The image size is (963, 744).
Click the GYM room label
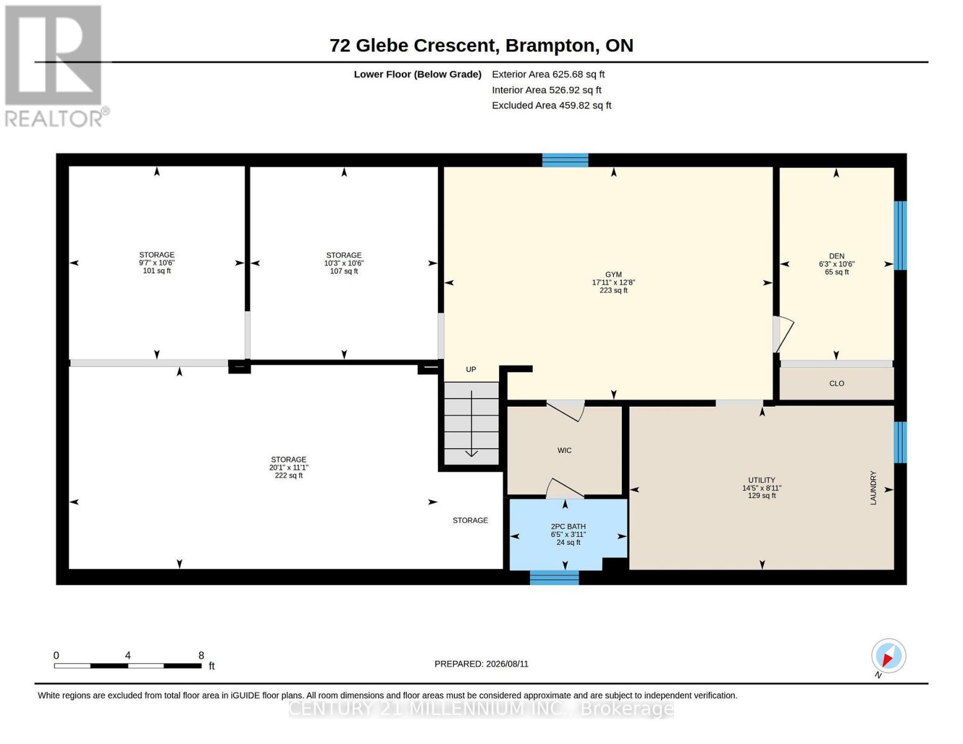[x=613, y=274]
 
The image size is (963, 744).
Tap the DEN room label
[x=837, y=255]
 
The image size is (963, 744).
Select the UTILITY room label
[x=761, y=480]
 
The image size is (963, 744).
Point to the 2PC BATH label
[x=568, y=526]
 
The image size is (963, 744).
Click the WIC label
[x=564, y=450]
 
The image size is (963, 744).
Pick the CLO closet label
[x=837, y=383]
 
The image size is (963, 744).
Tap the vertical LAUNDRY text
[x=873, y=487]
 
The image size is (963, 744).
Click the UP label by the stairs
[x=471, y=369]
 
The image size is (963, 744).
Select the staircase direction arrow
[x=471, y=423]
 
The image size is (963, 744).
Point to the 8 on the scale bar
[x=201, y=655]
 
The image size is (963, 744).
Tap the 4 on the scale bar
[x=128, y=655]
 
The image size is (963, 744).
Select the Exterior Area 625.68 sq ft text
[x=548, y=74]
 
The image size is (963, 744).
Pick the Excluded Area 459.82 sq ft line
[x=551, y=105]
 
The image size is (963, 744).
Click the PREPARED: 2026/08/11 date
[x=481, y=664]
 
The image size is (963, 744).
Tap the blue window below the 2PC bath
[x=554, y=577]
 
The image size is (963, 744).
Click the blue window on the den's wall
[x=900, y=236]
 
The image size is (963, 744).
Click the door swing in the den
[x=785, y=334]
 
